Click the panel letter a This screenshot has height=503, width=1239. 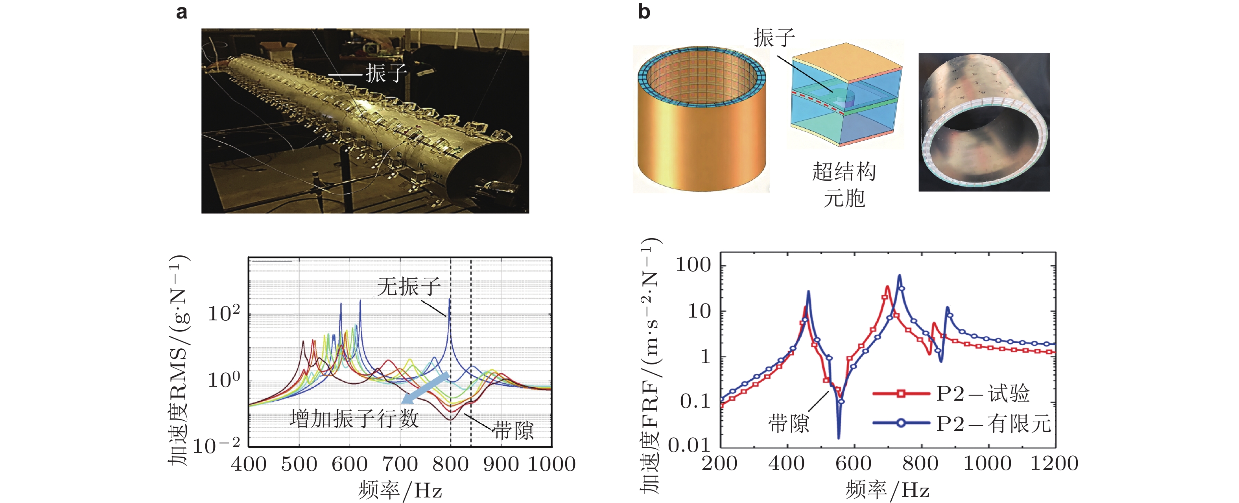tap(181, 12)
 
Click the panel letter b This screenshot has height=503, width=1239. tap(644, 12)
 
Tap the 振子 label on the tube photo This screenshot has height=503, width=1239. tap(386, 74)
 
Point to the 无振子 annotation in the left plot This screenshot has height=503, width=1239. tap(408, 287)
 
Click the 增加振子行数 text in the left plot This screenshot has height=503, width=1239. tap(354, 419)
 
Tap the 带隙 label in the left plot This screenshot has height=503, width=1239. tap(513, 430)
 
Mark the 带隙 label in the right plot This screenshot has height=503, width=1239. tap(788, 423)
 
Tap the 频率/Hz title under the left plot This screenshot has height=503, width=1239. tap(400, 490)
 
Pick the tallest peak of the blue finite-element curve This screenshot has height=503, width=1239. tap(900, 276)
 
